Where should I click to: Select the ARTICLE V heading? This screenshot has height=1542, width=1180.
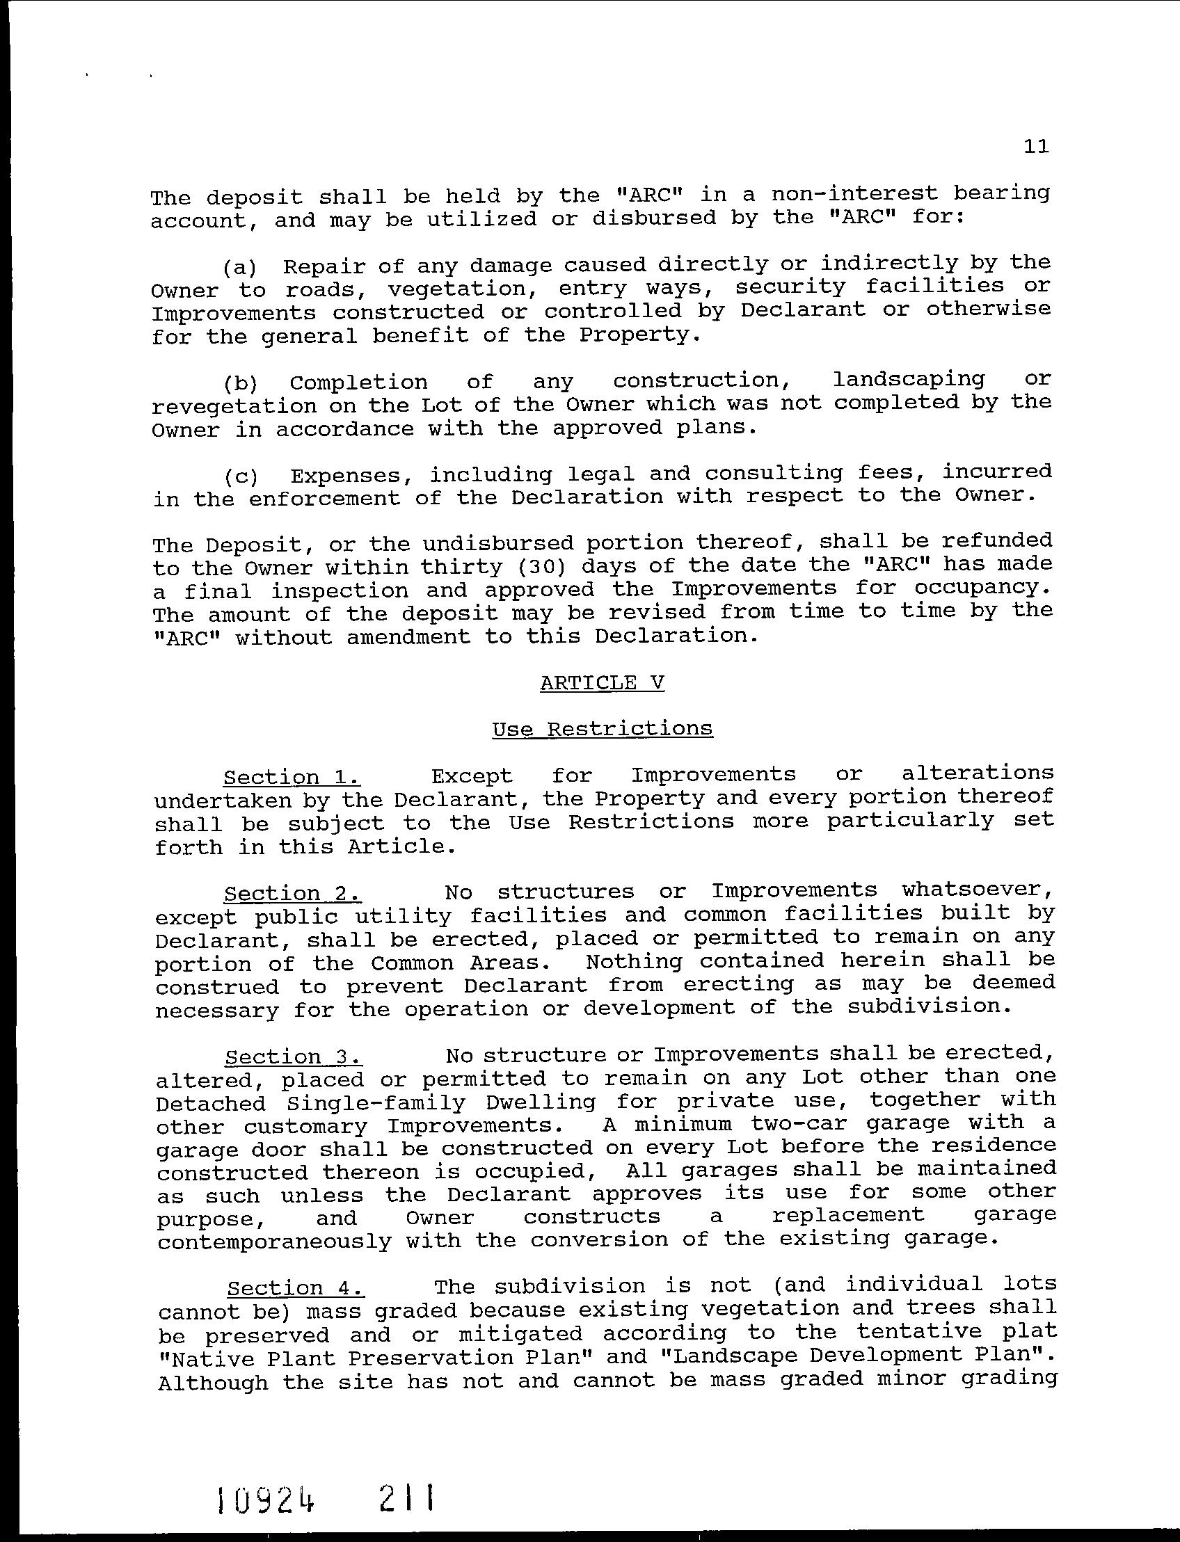[602, 683]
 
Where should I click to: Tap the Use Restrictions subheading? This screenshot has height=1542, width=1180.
[602, 729]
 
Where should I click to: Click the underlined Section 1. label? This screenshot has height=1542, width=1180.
[292, 778]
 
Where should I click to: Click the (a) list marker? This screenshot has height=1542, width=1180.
[240, 268]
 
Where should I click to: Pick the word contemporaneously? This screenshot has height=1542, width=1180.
[274, 1242]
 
